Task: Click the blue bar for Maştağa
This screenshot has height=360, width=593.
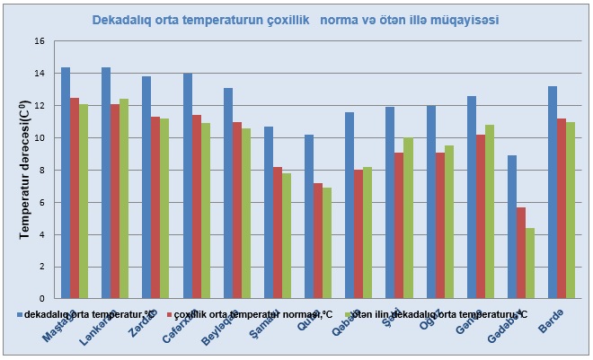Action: (x=66, y=183)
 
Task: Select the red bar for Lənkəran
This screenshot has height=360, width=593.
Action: (x=115, y=201)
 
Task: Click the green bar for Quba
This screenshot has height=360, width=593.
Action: (x=327, y=242)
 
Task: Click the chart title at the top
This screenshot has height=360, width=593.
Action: (x=296, y=18)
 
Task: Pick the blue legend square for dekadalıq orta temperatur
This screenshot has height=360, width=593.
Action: (x=21, y=315)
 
